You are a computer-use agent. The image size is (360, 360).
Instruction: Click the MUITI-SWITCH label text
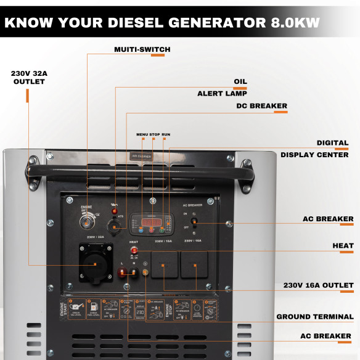[x=142, y=49]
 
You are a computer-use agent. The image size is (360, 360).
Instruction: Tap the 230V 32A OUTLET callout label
[x=29, y=78]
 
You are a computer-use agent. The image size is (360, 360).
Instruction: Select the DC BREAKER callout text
[x=262, y=106]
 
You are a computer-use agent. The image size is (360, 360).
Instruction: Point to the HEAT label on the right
[x=343, y=246]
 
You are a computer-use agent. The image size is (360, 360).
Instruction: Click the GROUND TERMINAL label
[x=314, y=317]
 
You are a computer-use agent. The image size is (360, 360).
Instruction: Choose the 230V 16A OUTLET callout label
[x=318, y=285]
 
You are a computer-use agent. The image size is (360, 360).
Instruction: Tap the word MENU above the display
[x=142, y=134]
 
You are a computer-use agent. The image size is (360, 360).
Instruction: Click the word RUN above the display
[x=166, y=134]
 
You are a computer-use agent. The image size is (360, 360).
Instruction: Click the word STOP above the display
[x=155, y=134]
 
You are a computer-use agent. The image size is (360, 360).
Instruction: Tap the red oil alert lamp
[x=115, y=211]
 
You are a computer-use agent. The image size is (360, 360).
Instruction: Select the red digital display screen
[x=150, y=221]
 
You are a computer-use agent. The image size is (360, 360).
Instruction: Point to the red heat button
[x=133, y=252]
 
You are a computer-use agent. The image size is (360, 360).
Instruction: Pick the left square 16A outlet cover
[x=164, y=266]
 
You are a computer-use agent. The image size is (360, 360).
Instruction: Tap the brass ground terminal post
[x=145, y=272]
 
